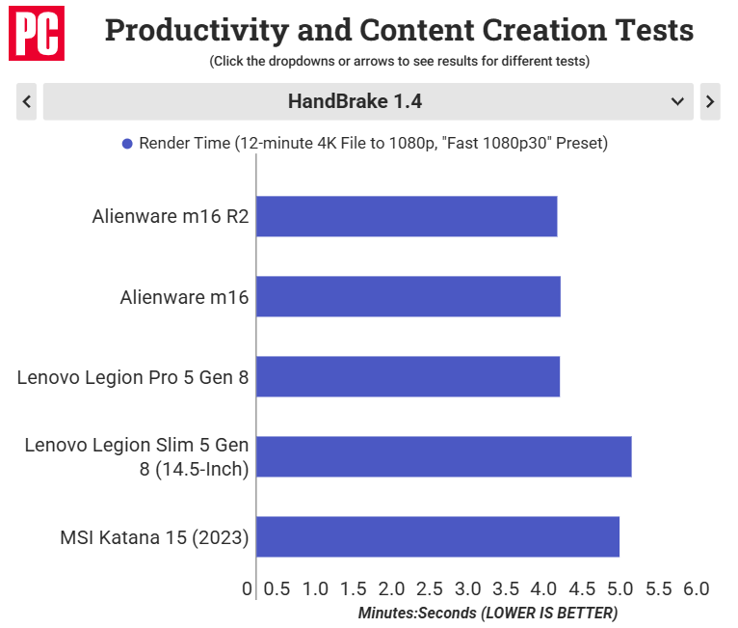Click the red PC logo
tap(37, 33)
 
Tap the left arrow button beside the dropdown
tap(26, 101)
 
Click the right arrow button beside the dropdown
tap(710, 101)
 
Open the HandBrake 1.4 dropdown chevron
tap(677, 101)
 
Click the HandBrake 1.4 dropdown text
tap(355, 101)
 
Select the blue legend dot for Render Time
tap(127, 144)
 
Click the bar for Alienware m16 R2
tap(407, 216)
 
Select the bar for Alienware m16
tap(409, 296)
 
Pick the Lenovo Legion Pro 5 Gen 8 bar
tap(409, 376)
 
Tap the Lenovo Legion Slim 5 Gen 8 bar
tap(444, 456)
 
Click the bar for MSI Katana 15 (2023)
tap(437, 536)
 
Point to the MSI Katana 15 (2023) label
tap(154, 537)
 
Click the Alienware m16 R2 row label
tap(171, 216)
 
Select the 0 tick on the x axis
tap(247, 588)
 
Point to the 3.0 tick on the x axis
tap(467, 588)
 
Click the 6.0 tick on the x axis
tap(697, 588)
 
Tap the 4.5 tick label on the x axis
tap(582, 588)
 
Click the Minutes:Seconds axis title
tap(488, 613)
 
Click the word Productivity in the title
tap(197, 31)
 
